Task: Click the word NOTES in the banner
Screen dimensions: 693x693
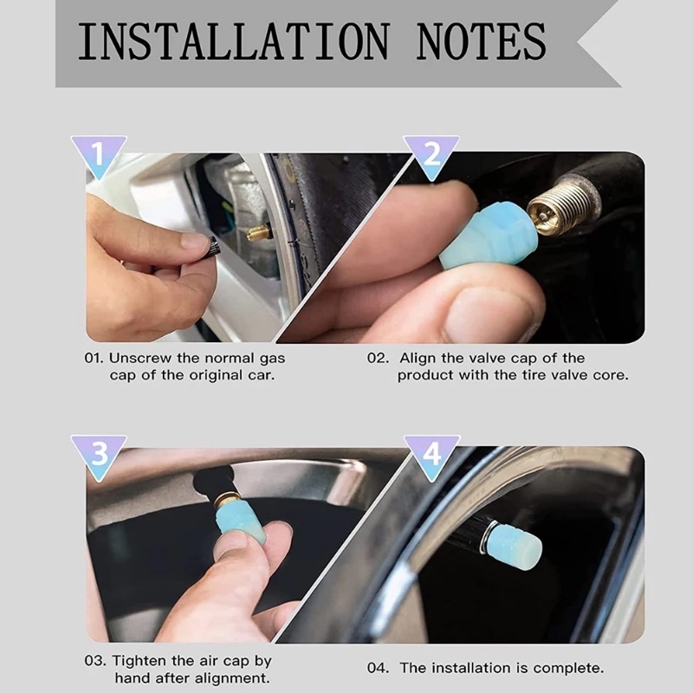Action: [x=481, y=42]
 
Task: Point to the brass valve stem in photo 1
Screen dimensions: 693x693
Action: [x=258, y=232]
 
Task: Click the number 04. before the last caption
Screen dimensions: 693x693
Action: [x=378, y=668]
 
